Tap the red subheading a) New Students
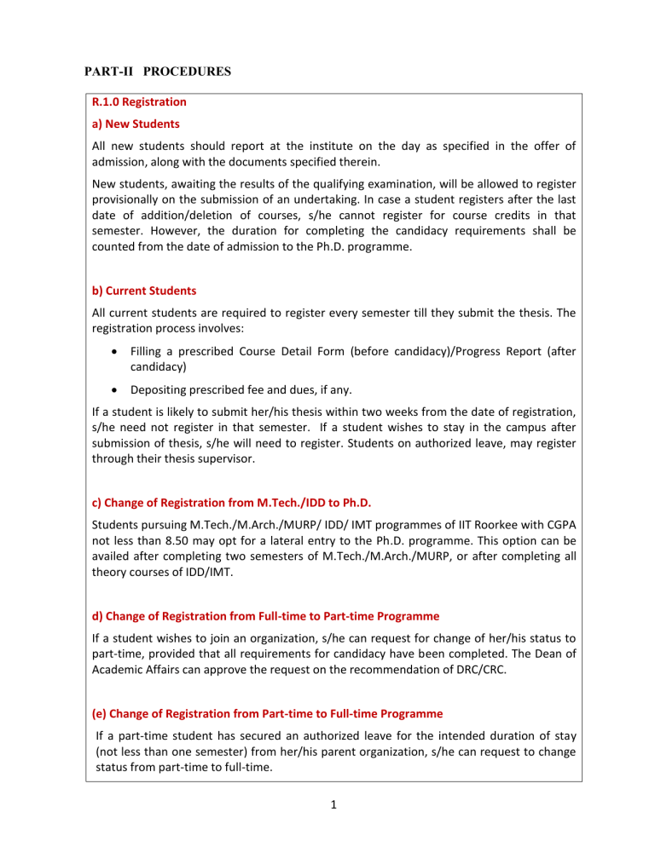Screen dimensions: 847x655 130,124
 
